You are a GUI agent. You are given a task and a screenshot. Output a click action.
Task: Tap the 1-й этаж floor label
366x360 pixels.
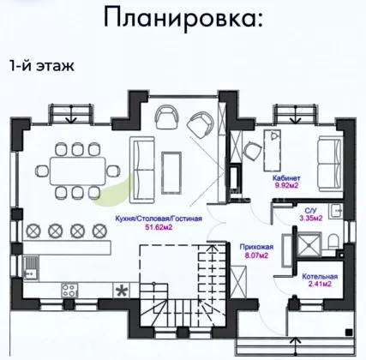(42, 65)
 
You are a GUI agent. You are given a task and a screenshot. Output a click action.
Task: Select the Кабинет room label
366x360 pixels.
(286, 178)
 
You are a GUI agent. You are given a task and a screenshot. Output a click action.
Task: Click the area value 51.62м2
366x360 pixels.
(159, 227)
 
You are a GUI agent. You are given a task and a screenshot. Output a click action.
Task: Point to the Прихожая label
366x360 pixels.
(256, 247)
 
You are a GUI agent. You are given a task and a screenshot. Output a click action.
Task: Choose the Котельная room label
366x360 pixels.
(320, 277)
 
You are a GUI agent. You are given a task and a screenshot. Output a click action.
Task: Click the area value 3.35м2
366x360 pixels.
(311, 219)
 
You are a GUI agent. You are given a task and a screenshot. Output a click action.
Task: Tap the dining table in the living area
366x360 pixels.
(78, 171)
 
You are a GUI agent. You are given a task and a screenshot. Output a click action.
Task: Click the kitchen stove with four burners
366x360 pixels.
(69, 290)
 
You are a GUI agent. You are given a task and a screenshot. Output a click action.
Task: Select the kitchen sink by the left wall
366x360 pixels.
(31, 268)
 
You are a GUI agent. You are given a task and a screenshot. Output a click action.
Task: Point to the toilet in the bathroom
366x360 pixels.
(333, 241)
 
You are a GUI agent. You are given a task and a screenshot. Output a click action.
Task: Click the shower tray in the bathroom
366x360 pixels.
(309, 244)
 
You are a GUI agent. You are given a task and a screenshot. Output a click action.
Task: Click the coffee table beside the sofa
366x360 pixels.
(171, 172)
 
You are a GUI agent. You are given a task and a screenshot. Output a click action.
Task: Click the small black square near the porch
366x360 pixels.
(348, 333)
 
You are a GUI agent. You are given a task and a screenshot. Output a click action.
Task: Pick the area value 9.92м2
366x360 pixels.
(286, 185)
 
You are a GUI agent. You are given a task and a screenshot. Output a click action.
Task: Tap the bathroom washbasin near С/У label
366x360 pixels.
(336, 212)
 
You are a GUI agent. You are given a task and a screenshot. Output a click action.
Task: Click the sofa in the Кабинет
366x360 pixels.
(330, 164)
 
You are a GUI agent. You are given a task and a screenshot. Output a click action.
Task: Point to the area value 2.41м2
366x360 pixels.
(320, 284)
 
